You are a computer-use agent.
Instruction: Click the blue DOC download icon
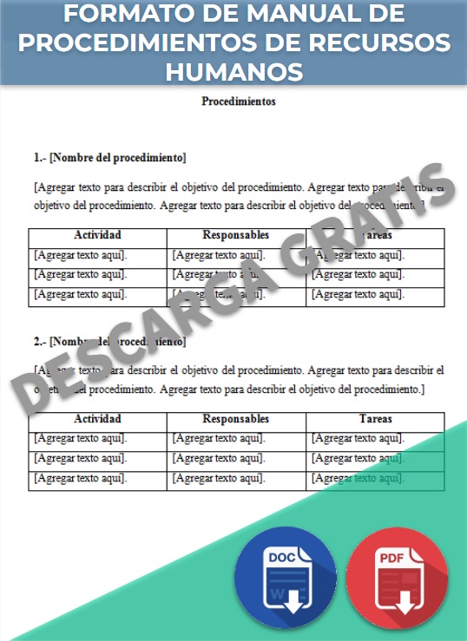(x=285, y=577)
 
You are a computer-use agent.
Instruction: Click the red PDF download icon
(x=397, y=578)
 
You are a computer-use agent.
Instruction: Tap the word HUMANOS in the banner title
(x=233, y=69)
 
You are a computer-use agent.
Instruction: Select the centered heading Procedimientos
(x=239, y=101)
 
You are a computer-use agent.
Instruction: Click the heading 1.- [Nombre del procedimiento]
(x=109, y=158)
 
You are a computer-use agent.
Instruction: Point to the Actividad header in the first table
(x=97, y=235)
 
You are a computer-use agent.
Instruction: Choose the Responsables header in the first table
(x=236, y=235)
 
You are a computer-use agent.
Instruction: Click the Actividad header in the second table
(x=97, y=419)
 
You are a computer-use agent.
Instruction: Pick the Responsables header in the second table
(x=236, y=419)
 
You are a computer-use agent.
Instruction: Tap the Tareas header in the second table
(x=375, y=419)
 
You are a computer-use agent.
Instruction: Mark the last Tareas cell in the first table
(x=358, y=294)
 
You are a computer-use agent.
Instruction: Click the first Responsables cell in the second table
(x=219, y=439)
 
